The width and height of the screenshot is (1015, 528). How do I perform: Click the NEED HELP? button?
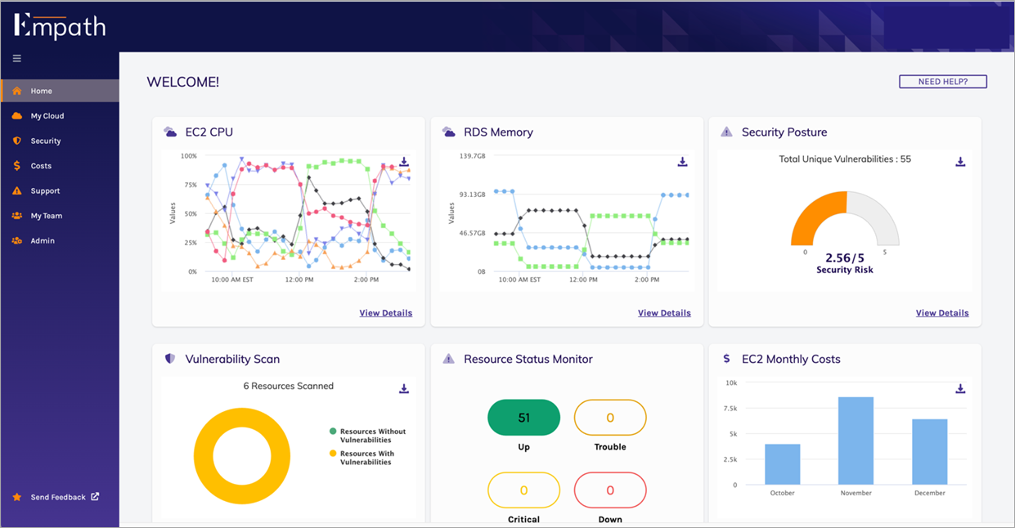pyautogui.click(x=942, y=82)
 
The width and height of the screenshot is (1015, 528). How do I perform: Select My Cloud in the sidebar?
pyautogui.click(x=47, y=116)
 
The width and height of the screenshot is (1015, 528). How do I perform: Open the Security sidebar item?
pyautogui.click(x=45, y=141)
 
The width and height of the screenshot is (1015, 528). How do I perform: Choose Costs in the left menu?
pyautogui.click(x=41, y=166)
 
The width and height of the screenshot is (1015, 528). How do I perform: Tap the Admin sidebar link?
pyautogui.click(x=43, y=241)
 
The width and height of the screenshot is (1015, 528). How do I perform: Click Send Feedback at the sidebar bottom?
pyautogui.click(x=58, y=497)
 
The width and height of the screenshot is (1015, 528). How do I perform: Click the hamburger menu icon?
pyautogui.click(x=17, y=59)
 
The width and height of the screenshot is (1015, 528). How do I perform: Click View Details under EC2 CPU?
pyautogui.click(x=385, y=313)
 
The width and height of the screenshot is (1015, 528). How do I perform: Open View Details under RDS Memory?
pyautogui.click(x=664, y=313)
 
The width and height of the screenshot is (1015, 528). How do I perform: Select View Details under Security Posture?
pyautogui.click(x=942, y=313)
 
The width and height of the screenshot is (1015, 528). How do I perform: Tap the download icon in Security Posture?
pyautogui.click(x=960, y=162)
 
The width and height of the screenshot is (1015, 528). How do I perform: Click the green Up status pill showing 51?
pyautogui.click(x=523, y=418)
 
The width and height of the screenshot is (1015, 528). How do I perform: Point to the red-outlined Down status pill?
pyautogui.click(x=610, y=490)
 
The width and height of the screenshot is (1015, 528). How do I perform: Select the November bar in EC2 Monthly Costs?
pyautogui.click(x=856, y=441)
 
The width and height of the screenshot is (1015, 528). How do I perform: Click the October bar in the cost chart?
pyautogui.click(x=783, y=464)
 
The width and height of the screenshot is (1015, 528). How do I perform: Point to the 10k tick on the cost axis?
pyautogui.click(x=731, y=383)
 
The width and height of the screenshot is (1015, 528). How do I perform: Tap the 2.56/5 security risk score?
pyautogui.click(x=845, y=257)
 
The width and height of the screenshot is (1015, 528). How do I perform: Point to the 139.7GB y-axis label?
pyautogui.click(x=472, y=156)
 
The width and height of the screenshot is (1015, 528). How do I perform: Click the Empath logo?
pyautogui.click(x=60, y=25)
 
